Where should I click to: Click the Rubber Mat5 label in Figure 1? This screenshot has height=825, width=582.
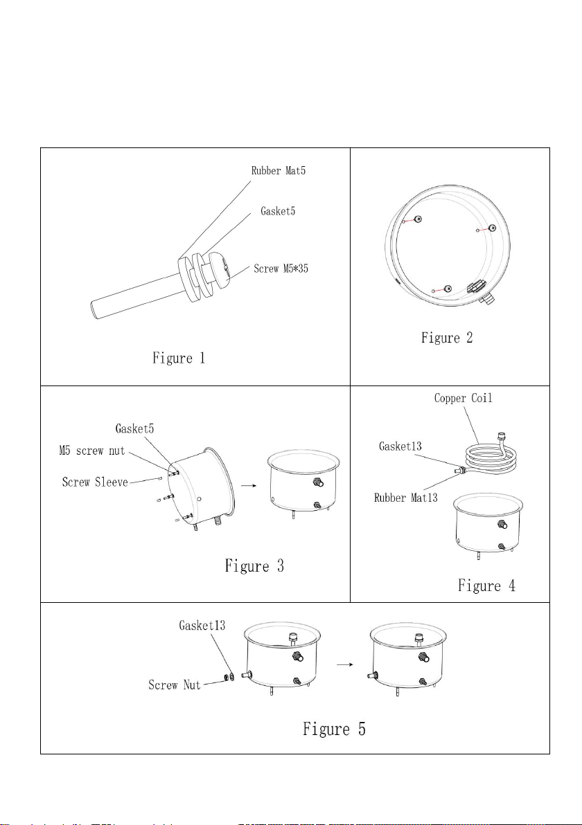pyautogui.click(x=278, y=170)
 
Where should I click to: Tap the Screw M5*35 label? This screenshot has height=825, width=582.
pyautogui.click(x=281, y=269)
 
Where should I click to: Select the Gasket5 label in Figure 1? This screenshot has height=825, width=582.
pyautogui.click(x=278, y=211)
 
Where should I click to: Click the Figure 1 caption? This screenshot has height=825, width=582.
pyautogui.click(x=179, y=359)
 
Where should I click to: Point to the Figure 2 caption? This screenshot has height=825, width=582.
pyautogui.click(x=447, y=338)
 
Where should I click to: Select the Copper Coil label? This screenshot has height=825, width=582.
pyautogui.click(x=463, y=398)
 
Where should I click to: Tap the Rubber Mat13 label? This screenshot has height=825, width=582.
pyautogui.click(x=405, y=497)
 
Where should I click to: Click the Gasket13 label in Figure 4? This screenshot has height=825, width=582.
pyautogui.click(x=400, y=446)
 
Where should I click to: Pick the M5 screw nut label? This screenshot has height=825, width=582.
pyautogui.click(x=92, y=451)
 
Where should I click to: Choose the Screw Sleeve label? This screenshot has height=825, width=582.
pyautogui.click(x=95, y=482)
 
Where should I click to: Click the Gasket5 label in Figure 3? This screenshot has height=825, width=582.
pyautogui.click(x=135, y=429)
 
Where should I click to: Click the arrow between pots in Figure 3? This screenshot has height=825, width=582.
pyautogui.click(x=249, y=486)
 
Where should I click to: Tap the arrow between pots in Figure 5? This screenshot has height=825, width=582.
pyautogui.click(x=344, y=664)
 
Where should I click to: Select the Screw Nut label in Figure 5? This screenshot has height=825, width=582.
pyautogui.click(x=175, y=685)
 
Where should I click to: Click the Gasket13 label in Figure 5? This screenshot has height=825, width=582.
pyautogui.click(x=202, y=625)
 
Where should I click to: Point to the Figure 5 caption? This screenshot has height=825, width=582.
pyautogui.click(x=334, y=729)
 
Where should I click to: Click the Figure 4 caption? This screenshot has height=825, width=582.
pyautogui.click(x=486, y=585)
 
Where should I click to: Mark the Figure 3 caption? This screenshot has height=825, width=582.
pyautogui.click(x=254, y=566)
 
